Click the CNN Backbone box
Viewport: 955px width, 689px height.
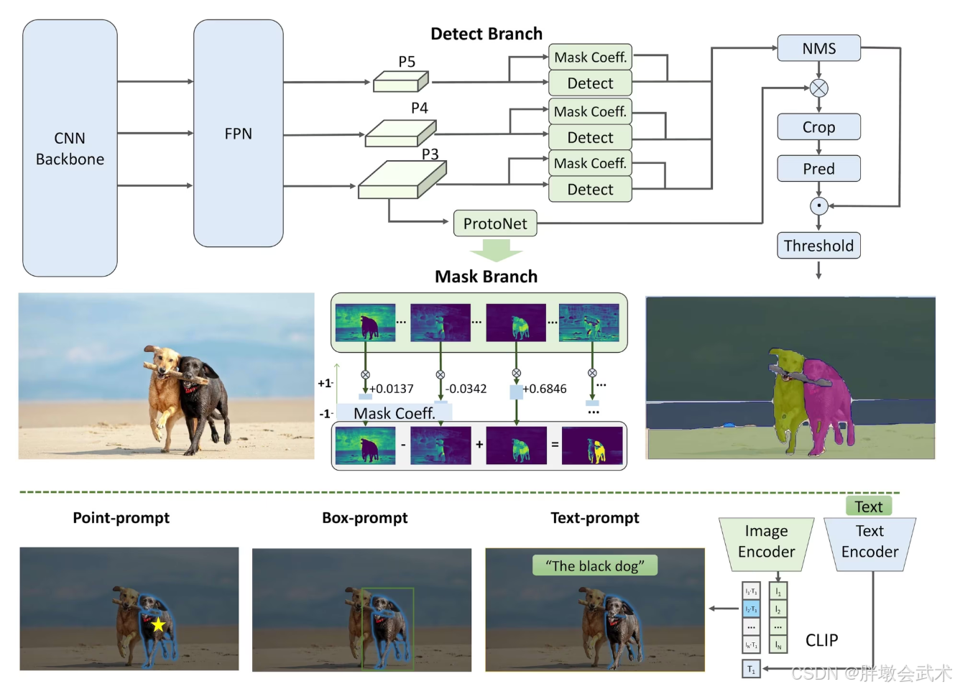(x=70, y=148)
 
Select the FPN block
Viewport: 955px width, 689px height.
(x=238, y=134)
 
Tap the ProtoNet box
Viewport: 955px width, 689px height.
(x=495, y=223)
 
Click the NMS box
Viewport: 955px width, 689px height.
(x=818, y=48)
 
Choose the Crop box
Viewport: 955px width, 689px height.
(x=818, y=127)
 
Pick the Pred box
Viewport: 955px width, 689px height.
(x=818, y=169)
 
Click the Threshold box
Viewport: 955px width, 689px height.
(x=818, y=246)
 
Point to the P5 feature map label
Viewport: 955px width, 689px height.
(x=407, y=62)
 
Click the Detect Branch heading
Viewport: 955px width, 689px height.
(x=486, y=34)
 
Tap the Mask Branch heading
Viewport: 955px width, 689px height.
(x=486, y=277)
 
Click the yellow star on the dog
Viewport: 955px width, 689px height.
(x=158, y=625)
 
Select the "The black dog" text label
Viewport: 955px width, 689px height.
(x=594, y=566)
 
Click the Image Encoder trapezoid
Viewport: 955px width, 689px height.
(x=766, y=542)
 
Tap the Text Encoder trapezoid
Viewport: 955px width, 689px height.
(x=869, y=542)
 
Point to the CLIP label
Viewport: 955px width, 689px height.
(x=821, y=640)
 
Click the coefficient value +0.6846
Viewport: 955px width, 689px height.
(x=544, y=389)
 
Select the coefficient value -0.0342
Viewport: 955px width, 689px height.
(x=466, y=389)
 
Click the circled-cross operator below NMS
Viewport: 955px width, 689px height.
(x=818, y=88)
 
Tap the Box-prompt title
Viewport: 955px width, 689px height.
(x=364, y=518)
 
